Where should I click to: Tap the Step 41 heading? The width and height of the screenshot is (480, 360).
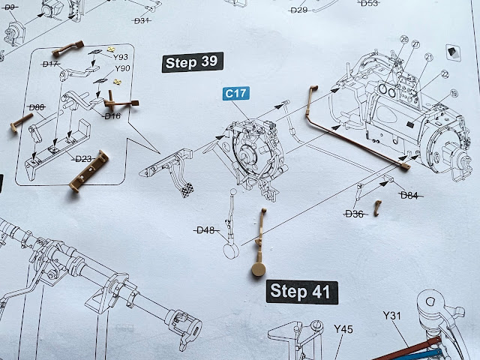300,291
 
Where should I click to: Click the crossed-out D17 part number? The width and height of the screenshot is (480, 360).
50,64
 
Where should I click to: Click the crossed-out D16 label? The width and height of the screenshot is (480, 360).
112,115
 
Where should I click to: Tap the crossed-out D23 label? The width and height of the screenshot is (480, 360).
83,159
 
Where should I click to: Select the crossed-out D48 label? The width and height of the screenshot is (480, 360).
205,229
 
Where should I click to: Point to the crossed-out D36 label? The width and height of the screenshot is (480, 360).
354,214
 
